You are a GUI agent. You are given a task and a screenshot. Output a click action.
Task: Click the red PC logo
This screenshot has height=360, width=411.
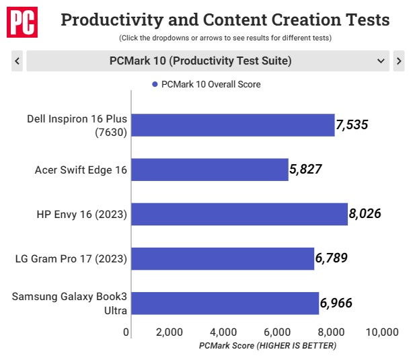[x=22, y=22]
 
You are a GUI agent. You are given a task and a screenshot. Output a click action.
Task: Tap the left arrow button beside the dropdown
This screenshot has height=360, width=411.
[x=17, y=61]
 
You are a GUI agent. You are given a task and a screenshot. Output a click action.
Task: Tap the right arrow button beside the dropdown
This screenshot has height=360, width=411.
[x=399, y=61]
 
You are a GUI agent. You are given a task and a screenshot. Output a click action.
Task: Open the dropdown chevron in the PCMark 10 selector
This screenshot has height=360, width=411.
[x=381, y=61]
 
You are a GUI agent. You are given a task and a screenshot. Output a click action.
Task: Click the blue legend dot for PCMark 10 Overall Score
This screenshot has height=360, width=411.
[x=155, y=84]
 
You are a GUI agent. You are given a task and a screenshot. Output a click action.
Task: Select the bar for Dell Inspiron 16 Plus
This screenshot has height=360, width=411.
[x=233, y=125]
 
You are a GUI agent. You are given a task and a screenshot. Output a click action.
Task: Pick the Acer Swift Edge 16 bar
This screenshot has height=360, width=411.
[x=210, y=170]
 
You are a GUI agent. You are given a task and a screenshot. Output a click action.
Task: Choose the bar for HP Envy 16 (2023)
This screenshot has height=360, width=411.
[x=239, y=214]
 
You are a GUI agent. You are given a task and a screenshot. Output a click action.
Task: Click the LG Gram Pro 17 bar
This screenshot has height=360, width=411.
[x=223, y=258]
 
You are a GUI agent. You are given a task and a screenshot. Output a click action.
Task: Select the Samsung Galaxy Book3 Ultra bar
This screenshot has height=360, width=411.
[x=225, y=303]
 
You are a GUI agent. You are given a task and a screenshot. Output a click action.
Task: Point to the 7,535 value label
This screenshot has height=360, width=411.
[x=352, y=124]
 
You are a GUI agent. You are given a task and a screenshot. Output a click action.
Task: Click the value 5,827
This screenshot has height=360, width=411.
[x=305, y=169]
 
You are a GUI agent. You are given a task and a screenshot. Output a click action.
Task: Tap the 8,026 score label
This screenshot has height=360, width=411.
[x=365, y=214]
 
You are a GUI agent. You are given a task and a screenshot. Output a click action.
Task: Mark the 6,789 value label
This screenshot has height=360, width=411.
[x=332, y=258]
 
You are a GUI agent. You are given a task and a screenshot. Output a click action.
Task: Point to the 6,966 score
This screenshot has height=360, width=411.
[x=336, y=303]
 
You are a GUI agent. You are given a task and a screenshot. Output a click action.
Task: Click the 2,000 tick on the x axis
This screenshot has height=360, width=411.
[x=170, y=332]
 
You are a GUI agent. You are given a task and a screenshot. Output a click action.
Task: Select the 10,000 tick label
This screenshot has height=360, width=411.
[x=382, y=332]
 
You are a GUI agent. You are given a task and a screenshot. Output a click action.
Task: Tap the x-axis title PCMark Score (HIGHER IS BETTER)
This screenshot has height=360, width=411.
[x=268, y=346]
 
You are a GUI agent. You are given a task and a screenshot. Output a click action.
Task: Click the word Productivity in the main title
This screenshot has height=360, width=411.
[x=112, y=20]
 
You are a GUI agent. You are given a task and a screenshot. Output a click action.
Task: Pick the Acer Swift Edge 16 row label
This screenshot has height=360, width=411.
[x=81, y=170]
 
